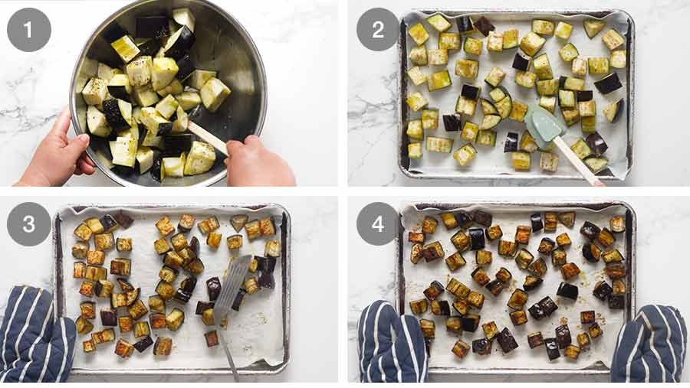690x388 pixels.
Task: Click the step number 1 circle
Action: point(29,30)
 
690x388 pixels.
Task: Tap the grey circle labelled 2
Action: point(377,30)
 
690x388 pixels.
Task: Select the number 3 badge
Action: point(29,224)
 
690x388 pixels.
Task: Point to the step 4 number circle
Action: point(377,224)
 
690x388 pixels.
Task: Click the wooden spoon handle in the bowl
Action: point(207,137)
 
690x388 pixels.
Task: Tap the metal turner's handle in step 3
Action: point(228,353)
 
